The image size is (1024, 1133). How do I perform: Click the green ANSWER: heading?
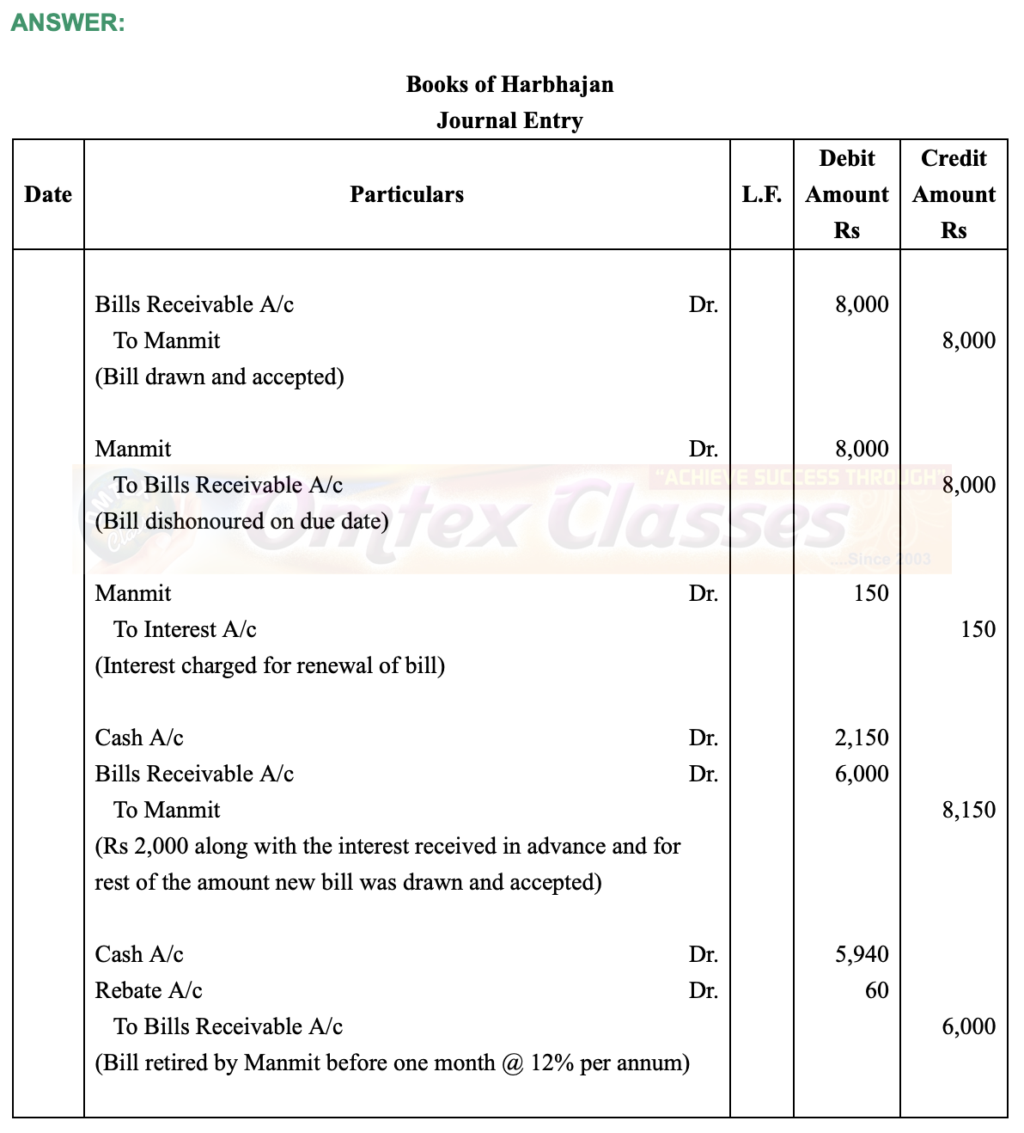tap(68, 23)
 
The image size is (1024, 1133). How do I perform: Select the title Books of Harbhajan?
tap(509, 84)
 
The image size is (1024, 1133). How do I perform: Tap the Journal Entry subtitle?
tap(509, 120)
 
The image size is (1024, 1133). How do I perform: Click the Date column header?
tap(48, 194)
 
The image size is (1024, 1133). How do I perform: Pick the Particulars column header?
tap(406, 194)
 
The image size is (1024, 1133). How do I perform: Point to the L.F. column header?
tap(762, 194)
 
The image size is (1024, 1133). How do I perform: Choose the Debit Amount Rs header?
tap(846, 194)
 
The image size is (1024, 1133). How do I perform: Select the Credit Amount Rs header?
tap(954, 194)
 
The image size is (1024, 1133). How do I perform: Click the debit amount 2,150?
tap(862, 738)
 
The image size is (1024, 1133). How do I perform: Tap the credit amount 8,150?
tap(969, 810)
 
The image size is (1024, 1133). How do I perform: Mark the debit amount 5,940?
tap(862, 954)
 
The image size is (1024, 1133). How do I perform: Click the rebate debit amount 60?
tap(876, 990)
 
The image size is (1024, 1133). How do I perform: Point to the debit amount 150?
tap(871, 593)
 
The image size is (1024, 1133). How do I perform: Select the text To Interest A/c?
tap(185, 629)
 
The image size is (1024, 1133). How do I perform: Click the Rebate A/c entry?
tap(149, 990)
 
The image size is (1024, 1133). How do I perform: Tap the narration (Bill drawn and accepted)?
tap(219, 377)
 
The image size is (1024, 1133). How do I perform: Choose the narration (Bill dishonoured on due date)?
tap(241, 521)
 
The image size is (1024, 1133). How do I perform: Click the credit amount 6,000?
tap(969, 1026)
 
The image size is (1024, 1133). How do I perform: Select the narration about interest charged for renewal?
tap(270, 665)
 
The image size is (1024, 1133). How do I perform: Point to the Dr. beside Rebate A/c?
tap(703, 990)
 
